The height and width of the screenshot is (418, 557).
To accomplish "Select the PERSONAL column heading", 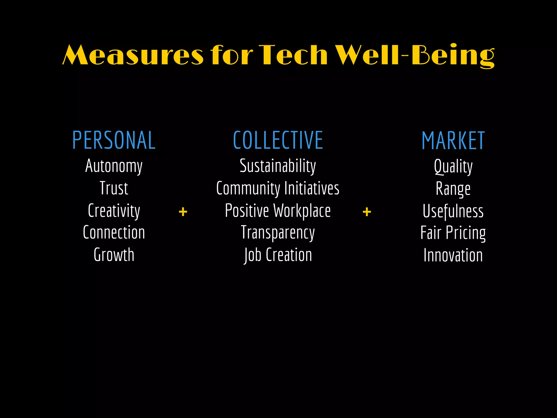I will tap(114, 140).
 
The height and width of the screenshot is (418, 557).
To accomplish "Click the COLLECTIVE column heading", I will tap(278, 140).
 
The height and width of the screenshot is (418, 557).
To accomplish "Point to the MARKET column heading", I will tap(453, 141).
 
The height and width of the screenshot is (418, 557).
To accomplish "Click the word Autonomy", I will tap(114, 166).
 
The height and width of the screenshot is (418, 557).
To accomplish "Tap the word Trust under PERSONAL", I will tap(114, 188).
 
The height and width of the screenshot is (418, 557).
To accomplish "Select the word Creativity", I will tap(114, 211).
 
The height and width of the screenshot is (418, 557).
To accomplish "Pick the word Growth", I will tap(114, 255).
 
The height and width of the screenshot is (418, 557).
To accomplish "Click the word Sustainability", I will tap(278, 166).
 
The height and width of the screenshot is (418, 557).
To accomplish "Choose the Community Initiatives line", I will tap(278, 188).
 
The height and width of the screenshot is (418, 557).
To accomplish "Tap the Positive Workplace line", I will tap(278, 211).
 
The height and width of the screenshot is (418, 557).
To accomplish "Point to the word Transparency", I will tap(278, 233).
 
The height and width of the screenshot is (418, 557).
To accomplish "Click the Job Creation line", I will tap(278, 255).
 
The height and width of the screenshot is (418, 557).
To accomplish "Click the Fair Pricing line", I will tap(453, 233).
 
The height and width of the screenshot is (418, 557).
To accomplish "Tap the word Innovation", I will tap(453, 255).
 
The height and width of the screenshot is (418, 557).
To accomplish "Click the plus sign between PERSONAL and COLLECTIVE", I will tap(183, 212).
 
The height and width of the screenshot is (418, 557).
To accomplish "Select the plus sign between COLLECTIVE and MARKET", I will tap(367, 212).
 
